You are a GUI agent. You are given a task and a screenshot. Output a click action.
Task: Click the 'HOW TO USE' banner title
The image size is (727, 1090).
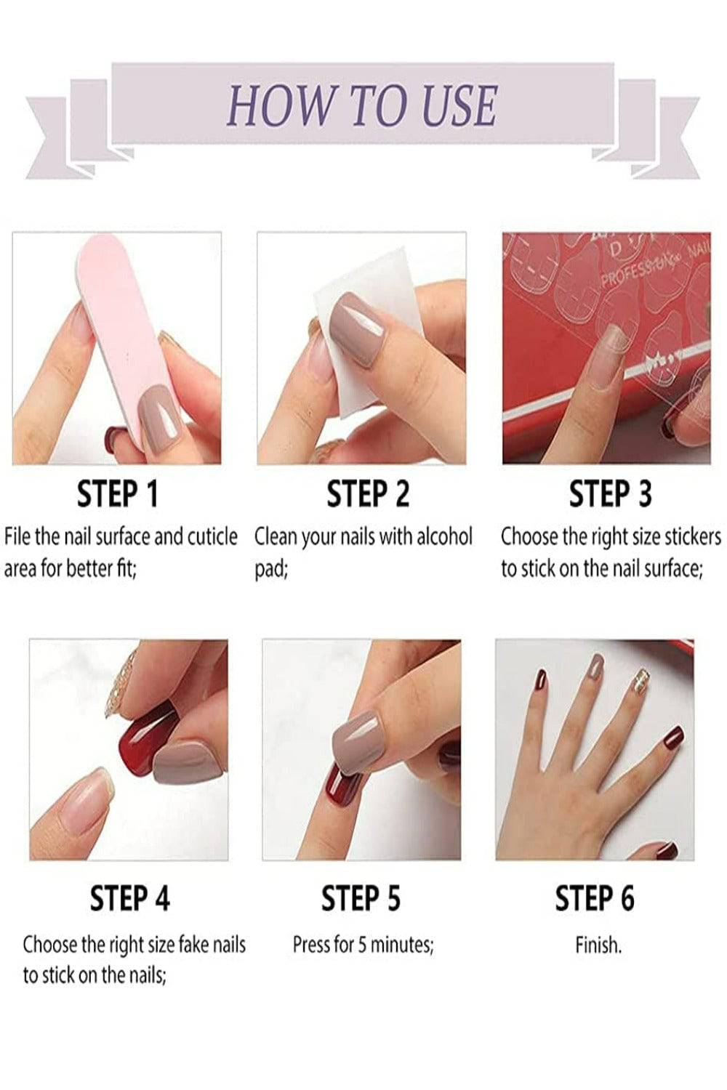pyautogui.click(x=362, y=105)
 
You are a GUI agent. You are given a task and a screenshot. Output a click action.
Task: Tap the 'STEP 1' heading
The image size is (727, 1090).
pyautogui.click(x=118, y=494)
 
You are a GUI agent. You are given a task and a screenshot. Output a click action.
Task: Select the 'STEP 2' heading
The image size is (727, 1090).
pyautogui.click(x=368, y=494)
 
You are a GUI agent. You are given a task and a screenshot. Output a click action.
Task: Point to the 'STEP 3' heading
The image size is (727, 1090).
pyautogui.click(x=610, y=494)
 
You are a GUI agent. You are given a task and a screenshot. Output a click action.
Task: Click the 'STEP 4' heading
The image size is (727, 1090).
pyautogui.click(x=130, y=897)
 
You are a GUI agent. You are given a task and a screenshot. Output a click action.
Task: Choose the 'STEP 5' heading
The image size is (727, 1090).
pyautogui.click(x=361, y=897)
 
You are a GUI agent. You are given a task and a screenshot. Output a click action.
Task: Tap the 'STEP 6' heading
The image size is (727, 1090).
pyautogui.click(x=595, y=897)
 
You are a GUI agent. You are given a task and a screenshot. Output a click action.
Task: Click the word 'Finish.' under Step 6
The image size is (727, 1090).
pyautogui.click(x=598, y=945)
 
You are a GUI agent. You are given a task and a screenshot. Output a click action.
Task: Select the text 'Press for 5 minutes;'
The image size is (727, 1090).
pyautogui.click(x=363, y=945)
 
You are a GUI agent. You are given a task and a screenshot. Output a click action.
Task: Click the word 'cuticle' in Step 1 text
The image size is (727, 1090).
pyautogui.click(x=212, y=536)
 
